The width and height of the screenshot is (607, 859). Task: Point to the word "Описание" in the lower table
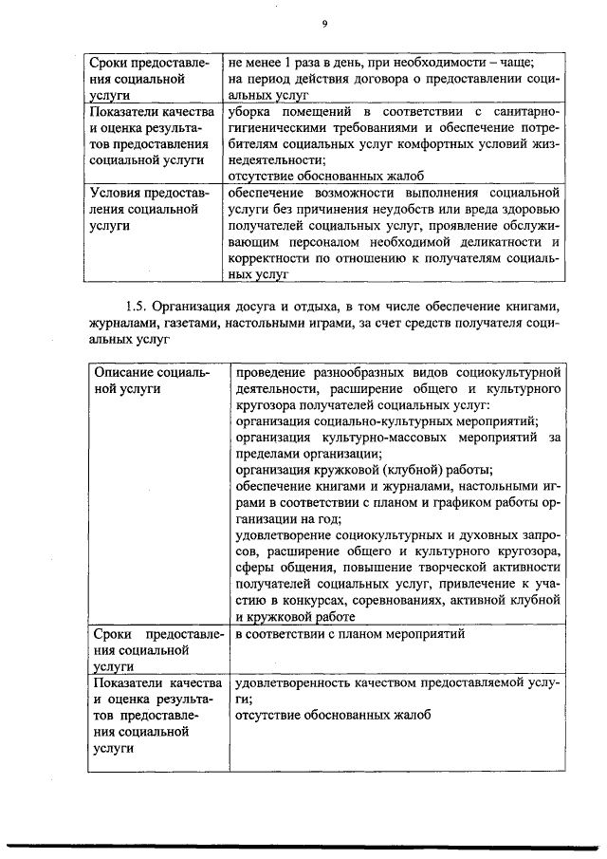coord(120,371)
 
